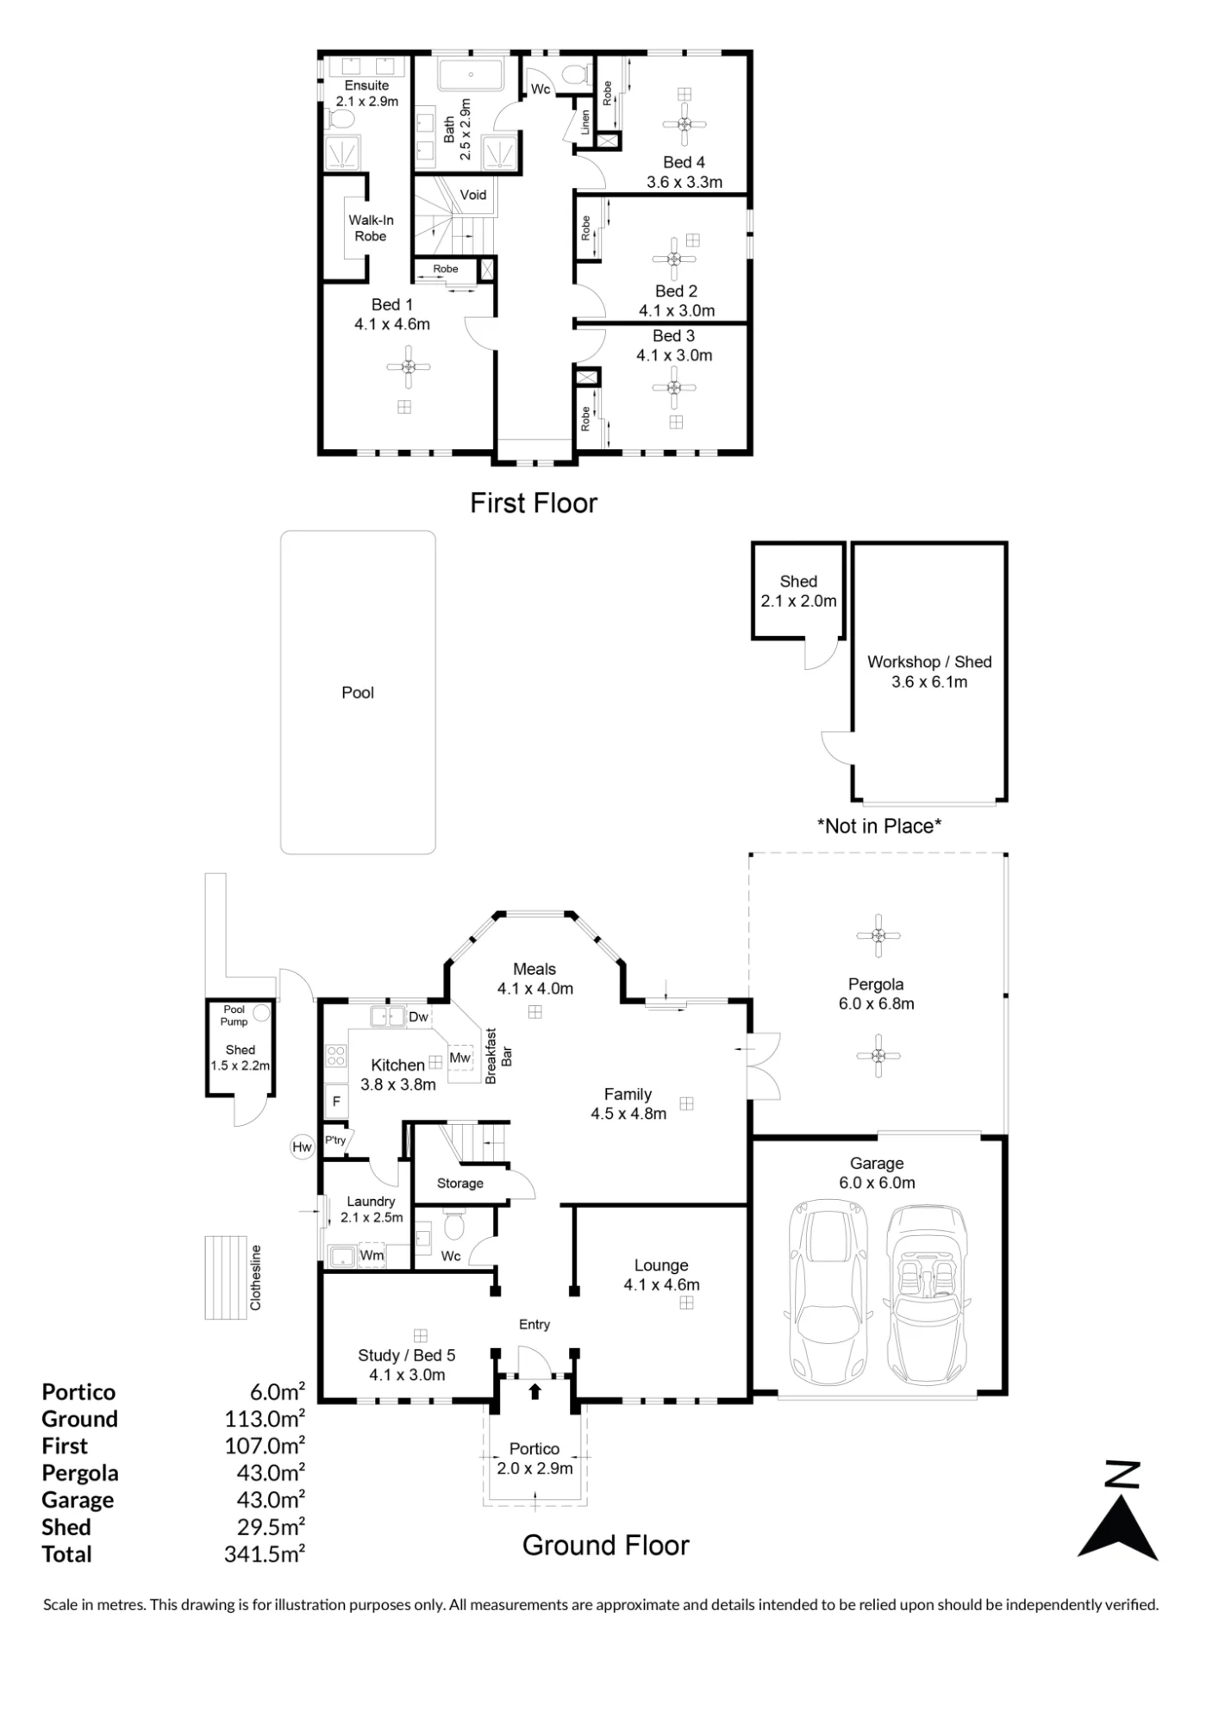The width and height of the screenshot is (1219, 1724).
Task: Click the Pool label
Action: (x=358, y=692)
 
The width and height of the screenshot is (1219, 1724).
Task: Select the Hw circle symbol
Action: (x=302, y=1146)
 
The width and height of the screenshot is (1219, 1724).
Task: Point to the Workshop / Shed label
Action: (x=929, y=662)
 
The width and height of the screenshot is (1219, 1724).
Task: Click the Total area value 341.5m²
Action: (x=265, y=1554)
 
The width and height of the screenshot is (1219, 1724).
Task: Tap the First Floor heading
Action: (x=534, y=503)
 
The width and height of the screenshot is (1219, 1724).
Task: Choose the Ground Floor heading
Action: (x=606, y=1546)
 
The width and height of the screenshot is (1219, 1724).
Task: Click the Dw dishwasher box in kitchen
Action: (x=418, y=1017)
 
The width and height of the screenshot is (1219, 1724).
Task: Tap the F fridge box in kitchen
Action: (x=336, y=1101)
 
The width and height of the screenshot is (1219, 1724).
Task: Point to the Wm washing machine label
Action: (x=372, y=1255)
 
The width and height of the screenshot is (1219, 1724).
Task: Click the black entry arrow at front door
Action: (x=534, y=1390)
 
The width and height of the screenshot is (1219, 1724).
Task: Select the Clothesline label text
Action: (x=255, y=1277)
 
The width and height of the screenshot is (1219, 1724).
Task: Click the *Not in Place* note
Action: (x=879, y=826)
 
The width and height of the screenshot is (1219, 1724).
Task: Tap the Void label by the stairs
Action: (x=473, y=195)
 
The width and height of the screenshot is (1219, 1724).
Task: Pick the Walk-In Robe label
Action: (x=371, y=228)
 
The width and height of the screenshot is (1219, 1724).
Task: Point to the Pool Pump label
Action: (x=234, y=1015)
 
